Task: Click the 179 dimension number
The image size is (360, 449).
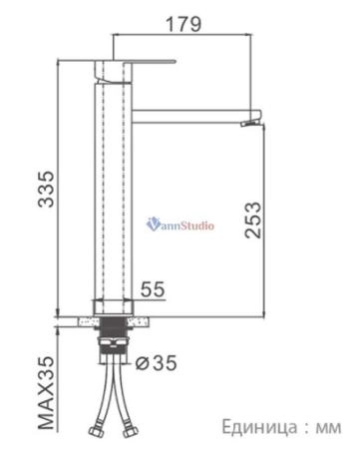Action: (x=183, y=24)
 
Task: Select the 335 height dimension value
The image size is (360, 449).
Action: (x=46, y=189)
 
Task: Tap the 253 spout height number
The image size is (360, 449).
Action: (x=253, y=220)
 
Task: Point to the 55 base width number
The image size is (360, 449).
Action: (x=153, y=289)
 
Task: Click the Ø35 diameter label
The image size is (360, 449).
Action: (x=156, y=362)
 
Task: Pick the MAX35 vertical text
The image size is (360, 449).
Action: (x=46, y=392)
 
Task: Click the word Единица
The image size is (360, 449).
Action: (x=259, y=427)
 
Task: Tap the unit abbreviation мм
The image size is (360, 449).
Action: (x=328, y=427)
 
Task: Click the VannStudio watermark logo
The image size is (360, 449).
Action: (x=180, y=224)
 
